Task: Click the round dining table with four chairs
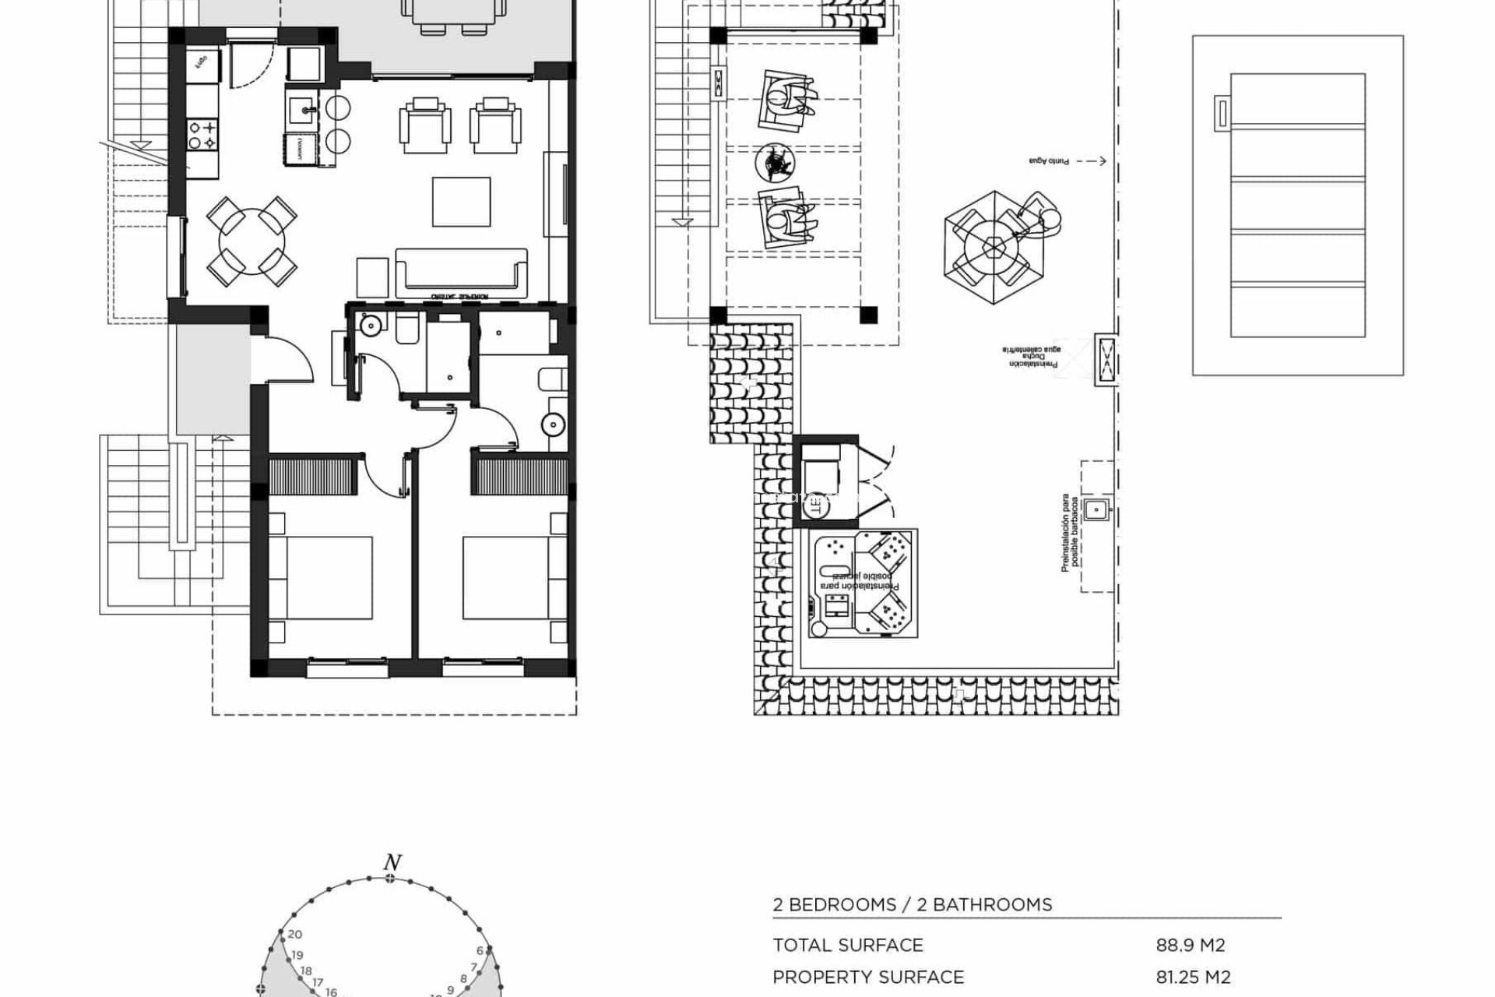[x=252, y=241]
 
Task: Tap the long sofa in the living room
[x=461, y=273]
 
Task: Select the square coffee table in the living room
[x=462, y=202]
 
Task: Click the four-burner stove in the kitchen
[x=202, y=133]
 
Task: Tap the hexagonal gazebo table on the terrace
[x=994, y=248]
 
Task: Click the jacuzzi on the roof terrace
[x=863, y=583]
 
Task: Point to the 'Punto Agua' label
[x=1049, y=161]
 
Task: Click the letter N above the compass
[x=392, y=863]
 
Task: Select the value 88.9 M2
[x=1191, y=946]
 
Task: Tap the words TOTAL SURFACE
[x=848, y=946]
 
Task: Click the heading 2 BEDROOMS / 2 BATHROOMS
[x=912, y=905]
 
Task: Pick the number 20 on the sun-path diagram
[x=294, y=935]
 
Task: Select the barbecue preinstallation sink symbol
[x=1096, y=509]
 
